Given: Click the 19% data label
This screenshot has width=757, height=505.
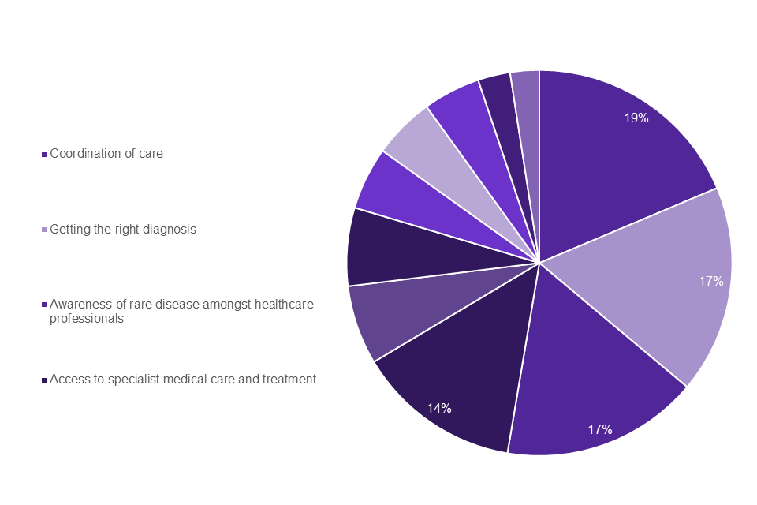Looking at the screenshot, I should pyautogui.click(x=636, y=118).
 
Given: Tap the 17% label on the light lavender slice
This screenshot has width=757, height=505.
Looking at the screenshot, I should pyautogui.click(x=710, y=281).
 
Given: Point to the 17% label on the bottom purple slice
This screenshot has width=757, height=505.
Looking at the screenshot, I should pyautogui.click(x=599, y=430).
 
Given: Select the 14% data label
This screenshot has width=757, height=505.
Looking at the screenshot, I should pyautogui.click(x=439, y=408).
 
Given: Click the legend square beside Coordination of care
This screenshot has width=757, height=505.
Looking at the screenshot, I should pyautogui.click(x=44, y=155).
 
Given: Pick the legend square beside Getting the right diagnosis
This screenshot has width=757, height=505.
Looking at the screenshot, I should pyautogui.click(x=44, y=230).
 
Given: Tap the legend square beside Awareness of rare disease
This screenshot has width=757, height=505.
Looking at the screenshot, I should pyautogui.click(x=44, y=305).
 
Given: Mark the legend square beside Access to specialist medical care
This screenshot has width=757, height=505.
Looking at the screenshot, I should pyautogui.click(x=44, y=380).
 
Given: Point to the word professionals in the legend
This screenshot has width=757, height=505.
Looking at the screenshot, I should pyautogui.click(x=87, y=319).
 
